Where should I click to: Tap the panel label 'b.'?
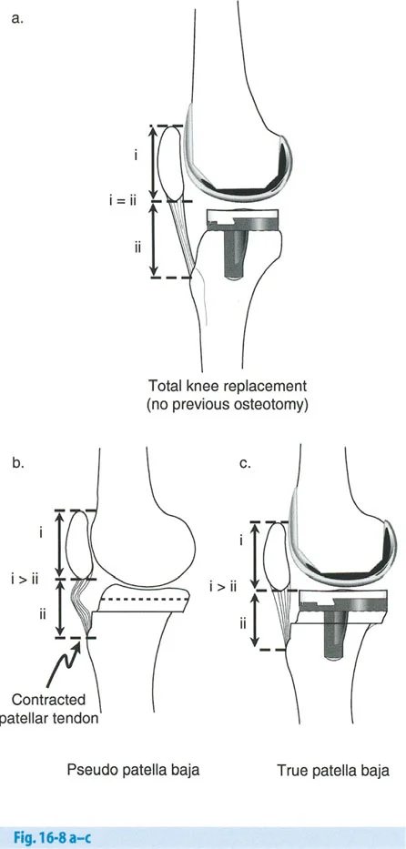coord(17,463)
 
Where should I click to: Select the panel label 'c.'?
coord(245,463)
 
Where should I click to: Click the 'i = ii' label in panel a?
coord(122,201)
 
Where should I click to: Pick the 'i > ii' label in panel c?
coord(224,585)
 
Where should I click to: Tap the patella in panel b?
coord(78,545)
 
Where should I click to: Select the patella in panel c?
coord(277,556)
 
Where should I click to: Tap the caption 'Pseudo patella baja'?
coord(133,770)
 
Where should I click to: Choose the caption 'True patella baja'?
coord(333,770)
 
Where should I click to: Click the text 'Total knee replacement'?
coord(228,387)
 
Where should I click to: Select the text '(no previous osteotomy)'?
coord(228,405)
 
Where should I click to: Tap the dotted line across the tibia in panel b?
coord(145,600)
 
